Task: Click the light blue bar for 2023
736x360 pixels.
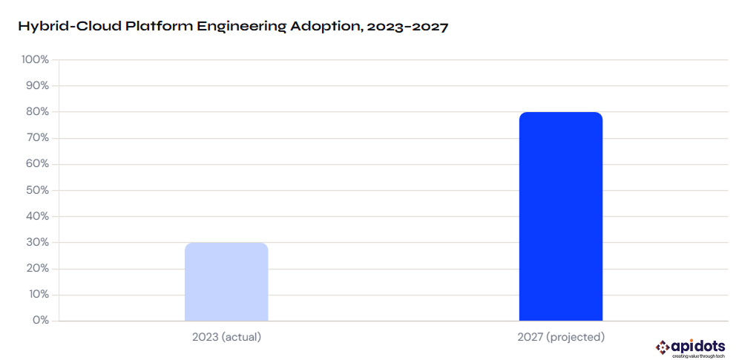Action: click(226, 282)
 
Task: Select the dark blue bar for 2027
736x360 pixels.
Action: click(560, 217)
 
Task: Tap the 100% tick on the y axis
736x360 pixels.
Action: click(35, 60)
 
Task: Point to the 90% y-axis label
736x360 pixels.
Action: click(36, 86)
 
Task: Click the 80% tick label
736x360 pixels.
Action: click(36, 112)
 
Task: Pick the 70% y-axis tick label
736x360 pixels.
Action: click(36, 139)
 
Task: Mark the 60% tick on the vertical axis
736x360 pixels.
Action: click(36, 164)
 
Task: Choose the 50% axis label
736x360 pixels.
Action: click(36, 191)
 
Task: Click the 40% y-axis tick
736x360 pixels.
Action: click(36, 217)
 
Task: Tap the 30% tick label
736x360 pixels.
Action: click(36, 243)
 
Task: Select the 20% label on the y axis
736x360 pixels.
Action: click(36, 269)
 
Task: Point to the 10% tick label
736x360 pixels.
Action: click(37, 295)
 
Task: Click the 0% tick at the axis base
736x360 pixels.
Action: click(39, 321)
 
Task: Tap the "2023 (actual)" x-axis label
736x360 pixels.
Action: click(226, 337)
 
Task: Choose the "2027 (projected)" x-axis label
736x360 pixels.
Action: click(560, 337)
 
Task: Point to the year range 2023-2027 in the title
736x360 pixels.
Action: click(407, 27)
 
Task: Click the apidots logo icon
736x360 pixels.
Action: click(661, 347)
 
